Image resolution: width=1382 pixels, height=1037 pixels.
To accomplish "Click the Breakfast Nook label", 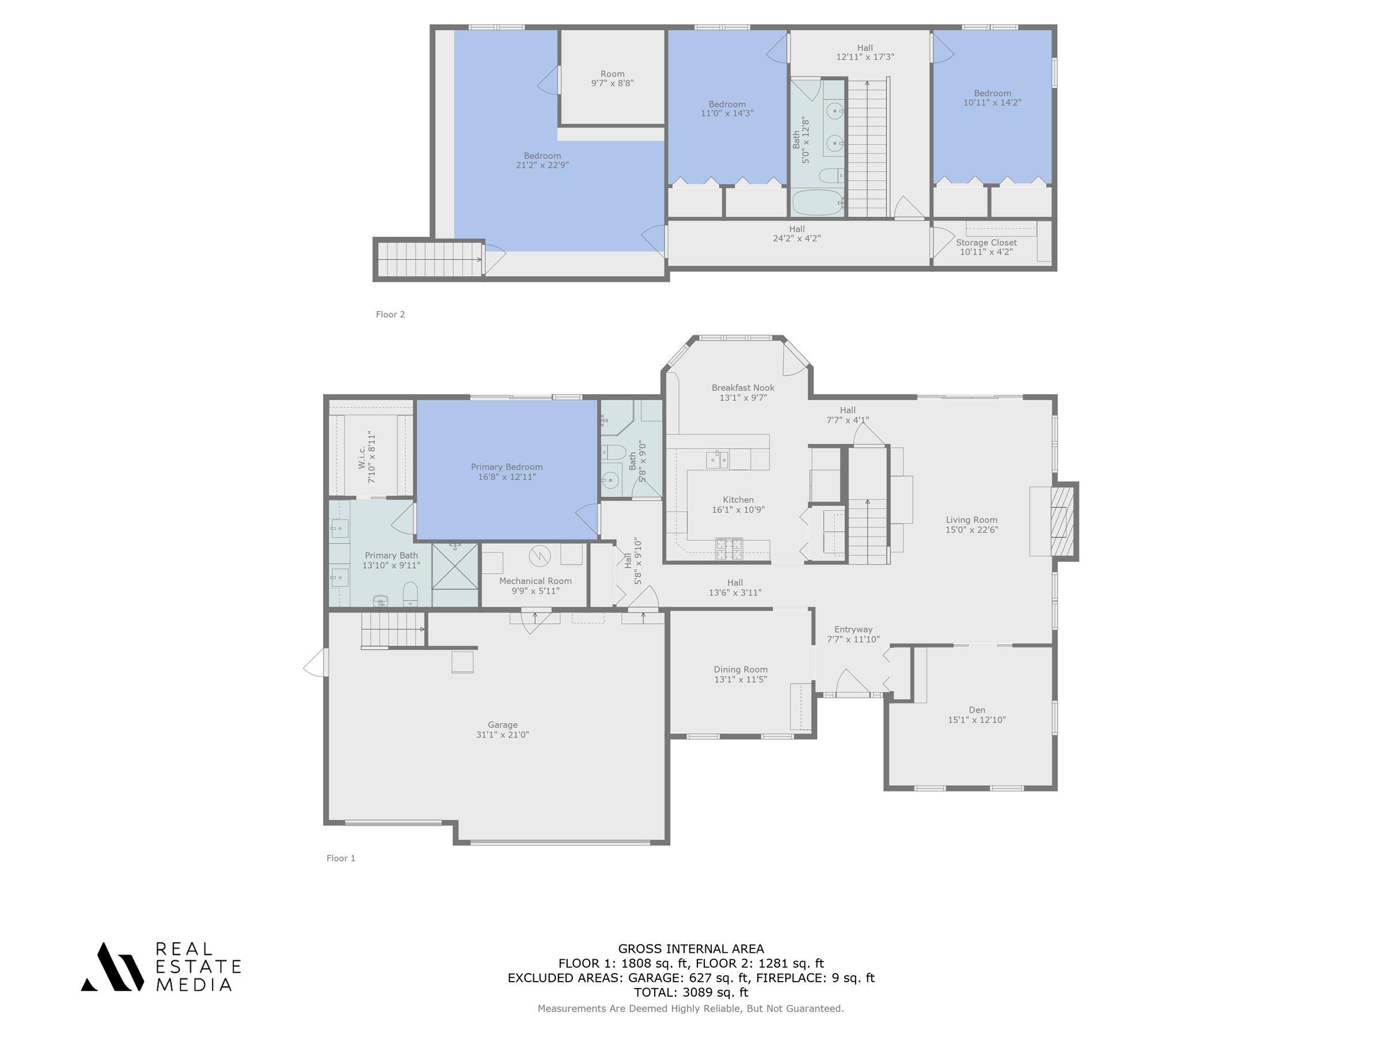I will point(743,388).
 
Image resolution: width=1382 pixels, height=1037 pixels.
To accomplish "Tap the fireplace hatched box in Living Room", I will point(1065,521).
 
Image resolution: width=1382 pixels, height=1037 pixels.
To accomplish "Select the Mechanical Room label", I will point(535,581).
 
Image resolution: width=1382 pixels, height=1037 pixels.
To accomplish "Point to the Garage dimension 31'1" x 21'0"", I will point(502,735).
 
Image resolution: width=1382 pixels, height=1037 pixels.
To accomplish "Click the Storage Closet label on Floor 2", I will point(986,243).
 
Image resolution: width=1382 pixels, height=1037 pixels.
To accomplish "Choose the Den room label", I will point(977,709).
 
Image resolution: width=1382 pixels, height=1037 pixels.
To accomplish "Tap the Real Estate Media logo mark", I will point(112,966).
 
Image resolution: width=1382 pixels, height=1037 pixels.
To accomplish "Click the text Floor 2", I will point(390,315).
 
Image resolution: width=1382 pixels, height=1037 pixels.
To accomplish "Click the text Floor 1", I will point(340,858).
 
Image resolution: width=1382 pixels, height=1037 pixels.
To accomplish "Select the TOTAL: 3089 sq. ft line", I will point(690,992).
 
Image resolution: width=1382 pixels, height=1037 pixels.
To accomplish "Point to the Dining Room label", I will point(741,669).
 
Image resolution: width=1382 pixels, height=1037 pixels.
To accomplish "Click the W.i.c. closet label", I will point(362,457).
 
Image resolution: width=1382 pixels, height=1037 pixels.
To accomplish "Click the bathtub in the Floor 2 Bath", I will point(818,203).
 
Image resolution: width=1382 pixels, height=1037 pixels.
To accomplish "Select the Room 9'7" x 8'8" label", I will point(612,78).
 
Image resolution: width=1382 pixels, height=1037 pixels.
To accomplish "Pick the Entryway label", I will point(853,630).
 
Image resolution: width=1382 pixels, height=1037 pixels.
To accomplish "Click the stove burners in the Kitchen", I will point(728,548).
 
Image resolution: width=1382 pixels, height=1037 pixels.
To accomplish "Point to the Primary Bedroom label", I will point(506,467).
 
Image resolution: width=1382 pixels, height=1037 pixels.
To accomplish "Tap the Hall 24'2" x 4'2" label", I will point(796,233).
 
